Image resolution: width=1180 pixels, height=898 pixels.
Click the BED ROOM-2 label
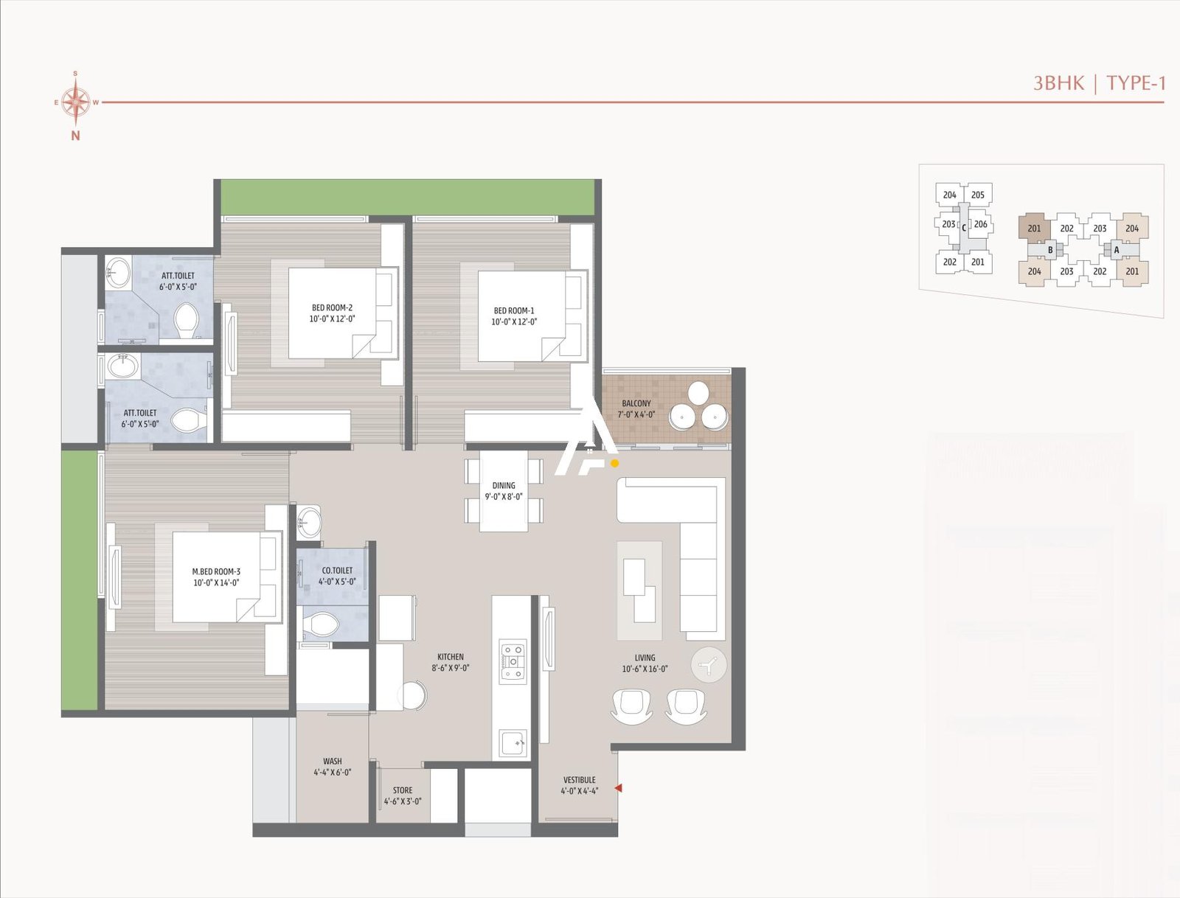(332, 307)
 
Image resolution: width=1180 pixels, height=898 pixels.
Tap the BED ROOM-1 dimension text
(514, 321)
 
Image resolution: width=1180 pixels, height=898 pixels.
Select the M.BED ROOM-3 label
(216, 571)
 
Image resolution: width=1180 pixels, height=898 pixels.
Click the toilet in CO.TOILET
(321, 624)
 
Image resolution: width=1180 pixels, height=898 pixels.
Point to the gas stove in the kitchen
(513, 661)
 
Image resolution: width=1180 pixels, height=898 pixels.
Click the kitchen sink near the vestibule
(513, 742)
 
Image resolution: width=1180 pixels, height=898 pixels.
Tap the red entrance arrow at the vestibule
(619, 788)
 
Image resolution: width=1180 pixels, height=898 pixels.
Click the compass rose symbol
(75, 102)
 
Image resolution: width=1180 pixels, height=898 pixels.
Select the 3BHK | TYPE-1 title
(1099, 83)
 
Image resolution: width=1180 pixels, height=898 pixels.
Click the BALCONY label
(636, 403)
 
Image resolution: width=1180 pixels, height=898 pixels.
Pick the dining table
(504, 491)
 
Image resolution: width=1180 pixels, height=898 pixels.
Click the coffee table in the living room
(639, 590)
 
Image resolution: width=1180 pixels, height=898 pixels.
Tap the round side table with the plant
(709, 665)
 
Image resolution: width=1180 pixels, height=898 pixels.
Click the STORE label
(403, 790)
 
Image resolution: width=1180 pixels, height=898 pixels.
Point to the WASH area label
(333, 761)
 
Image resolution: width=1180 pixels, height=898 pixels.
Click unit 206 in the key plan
(980, 224)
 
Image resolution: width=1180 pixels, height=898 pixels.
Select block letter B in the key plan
(1050, 250)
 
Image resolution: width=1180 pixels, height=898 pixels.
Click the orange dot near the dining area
(614, 464)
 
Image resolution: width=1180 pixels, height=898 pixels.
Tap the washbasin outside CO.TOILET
(310, 522)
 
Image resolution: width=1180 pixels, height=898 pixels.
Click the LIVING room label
(645, 658)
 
